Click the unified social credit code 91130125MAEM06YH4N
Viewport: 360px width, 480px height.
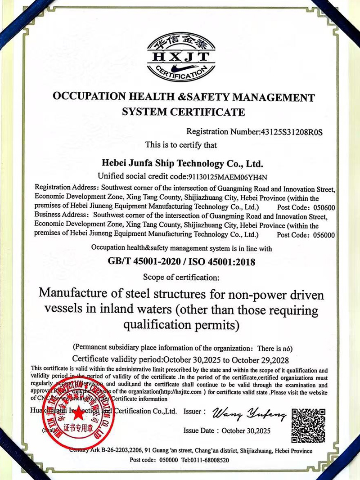(x=228, y=175)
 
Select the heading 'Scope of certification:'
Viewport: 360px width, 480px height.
(x=181, y=276)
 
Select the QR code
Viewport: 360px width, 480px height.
(x=308, y=425)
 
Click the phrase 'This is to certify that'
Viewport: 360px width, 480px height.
(x=181, y=145)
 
